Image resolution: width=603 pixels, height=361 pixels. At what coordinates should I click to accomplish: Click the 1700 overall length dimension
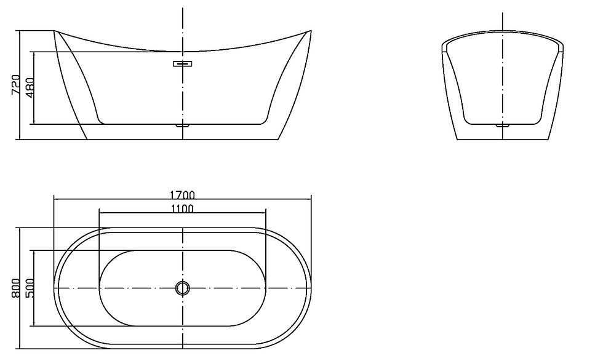click(182, 195)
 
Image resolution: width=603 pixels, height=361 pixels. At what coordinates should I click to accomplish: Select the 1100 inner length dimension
click(182, 208)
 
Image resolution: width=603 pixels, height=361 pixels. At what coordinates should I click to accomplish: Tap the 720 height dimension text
click(16, 85)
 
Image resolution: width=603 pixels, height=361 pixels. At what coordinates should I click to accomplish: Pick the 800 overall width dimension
click(16, 287)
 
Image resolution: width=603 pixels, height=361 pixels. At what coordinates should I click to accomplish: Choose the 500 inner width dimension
click(30, 287)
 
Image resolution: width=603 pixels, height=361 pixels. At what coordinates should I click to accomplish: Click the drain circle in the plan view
click(183, 288)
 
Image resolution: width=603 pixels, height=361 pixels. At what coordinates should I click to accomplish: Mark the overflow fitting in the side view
click(183, 63)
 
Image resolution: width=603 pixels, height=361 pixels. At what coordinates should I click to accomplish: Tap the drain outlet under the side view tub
click(183, 125)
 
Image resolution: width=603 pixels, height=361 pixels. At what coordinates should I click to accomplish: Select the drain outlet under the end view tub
click(503, 125)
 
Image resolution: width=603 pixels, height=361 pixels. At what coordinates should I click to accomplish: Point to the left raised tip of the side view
click(55, 30)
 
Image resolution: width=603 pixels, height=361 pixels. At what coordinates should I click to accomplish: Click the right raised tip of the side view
click(311, 30)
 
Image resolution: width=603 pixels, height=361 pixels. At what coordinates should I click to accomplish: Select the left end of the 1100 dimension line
click(99, 213)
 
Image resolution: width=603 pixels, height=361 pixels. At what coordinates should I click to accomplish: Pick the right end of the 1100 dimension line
click(266, 213)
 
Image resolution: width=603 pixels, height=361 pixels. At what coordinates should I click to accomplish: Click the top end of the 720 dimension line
click(20, 30)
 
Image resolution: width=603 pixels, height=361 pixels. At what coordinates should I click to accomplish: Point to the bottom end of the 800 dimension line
click(20, 347)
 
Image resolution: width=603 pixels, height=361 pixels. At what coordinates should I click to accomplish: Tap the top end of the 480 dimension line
click(34, 52)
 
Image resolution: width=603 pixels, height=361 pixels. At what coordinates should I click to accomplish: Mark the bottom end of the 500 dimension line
click(34, 326)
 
